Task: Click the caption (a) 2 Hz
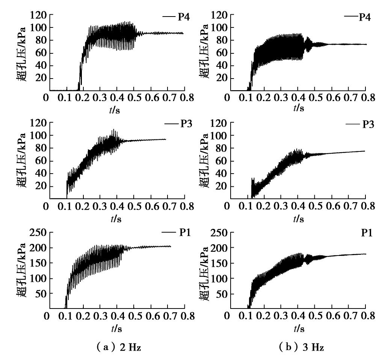[117, 348]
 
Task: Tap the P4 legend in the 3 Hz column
[362, 17]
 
